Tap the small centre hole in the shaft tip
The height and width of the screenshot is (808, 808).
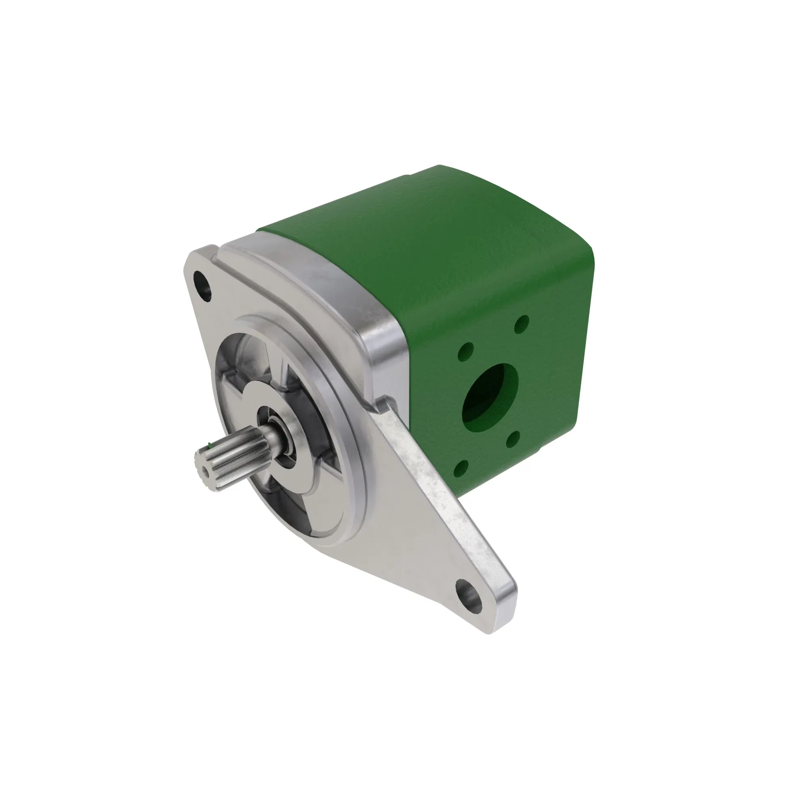205,470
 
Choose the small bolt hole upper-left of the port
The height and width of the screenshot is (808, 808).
465,351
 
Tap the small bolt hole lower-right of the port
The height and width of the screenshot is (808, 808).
512,438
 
